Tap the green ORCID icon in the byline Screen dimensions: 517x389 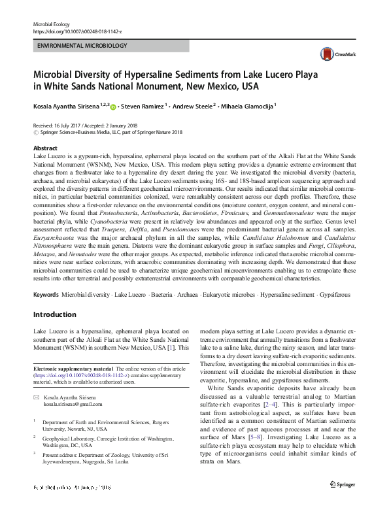click(x=113, y=106)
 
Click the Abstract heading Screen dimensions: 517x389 click(x=45, y=149)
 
